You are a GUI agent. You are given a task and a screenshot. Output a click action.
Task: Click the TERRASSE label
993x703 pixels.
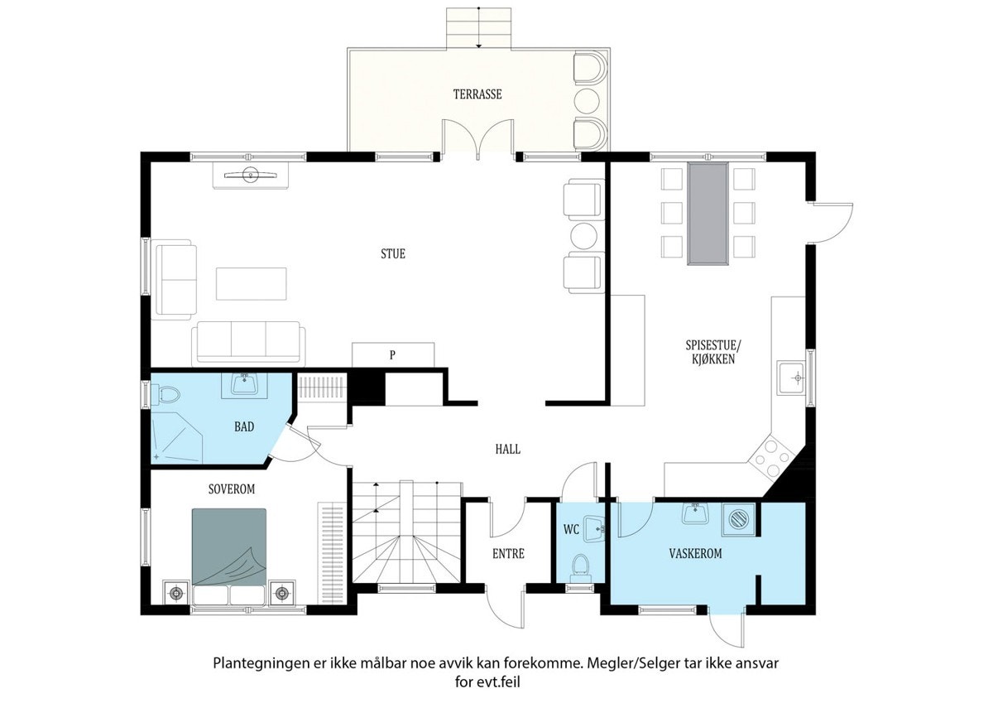tap(477, 94)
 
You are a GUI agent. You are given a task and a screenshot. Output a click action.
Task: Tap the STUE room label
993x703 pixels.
tap(393, 253)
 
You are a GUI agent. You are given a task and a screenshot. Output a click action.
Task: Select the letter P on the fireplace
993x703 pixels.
tap(392, 355)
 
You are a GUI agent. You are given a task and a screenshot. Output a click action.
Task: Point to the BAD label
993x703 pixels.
tap(244, 426)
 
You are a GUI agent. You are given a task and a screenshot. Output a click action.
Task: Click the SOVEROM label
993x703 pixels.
tap(232, 489)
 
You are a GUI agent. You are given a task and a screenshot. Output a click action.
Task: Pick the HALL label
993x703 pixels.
tap(508, 450)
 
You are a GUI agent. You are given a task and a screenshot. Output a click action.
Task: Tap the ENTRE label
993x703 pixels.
tap(508, 553)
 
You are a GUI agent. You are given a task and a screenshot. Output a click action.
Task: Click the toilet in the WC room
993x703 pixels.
tap(580, 568)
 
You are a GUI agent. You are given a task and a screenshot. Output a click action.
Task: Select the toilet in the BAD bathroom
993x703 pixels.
tap(165, 394)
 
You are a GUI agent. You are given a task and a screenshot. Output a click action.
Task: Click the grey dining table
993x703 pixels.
tap(708, 214)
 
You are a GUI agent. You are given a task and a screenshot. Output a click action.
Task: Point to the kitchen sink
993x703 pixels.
tap(791, 378)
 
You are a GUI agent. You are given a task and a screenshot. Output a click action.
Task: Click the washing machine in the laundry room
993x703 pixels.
tap(738, 519)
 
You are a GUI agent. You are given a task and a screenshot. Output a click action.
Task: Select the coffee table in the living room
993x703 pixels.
tap(252, 284)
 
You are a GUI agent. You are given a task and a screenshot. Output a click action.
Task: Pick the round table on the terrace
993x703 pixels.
tap(587, 100)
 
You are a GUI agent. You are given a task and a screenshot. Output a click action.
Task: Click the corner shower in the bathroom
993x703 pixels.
tap(176, 438)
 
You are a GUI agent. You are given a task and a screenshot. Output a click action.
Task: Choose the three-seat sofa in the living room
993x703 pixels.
tap(248, 344)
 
